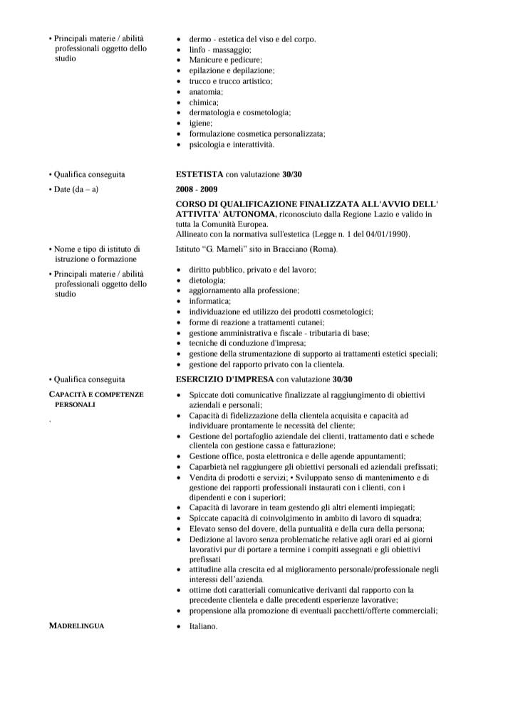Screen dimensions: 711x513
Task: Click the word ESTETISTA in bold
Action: pos(199,174)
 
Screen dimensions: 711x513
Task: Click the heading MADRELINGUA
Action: pos(76,626)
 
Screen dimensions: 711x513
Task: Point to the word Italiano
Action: pos(202,626)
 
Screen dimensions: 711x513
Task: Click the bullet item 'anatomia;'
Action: pos(206,92)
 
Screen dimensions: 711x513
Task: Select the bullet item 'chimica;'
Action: pos(204,102)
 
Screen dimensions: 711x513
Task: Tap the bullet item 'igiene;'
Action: pos(201,123)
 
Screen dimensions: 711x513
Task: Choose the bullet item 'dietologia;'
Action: pos(207,280)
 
